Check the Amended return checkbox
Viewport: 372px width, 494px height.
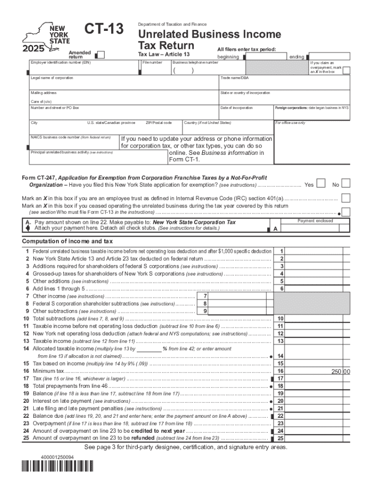click(101, 55)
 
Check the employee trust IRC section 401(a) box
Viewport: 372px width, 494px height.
click(346, 198)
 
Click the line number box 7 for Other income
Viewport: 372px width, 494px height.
click(205, 296)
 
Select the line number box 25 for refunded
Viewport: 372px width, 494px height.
click(280, 439)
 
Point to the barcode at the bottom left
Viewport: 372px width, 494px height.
click(58, 467)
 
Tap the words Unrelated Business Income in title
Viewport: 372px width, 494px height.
click(209, 34)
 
